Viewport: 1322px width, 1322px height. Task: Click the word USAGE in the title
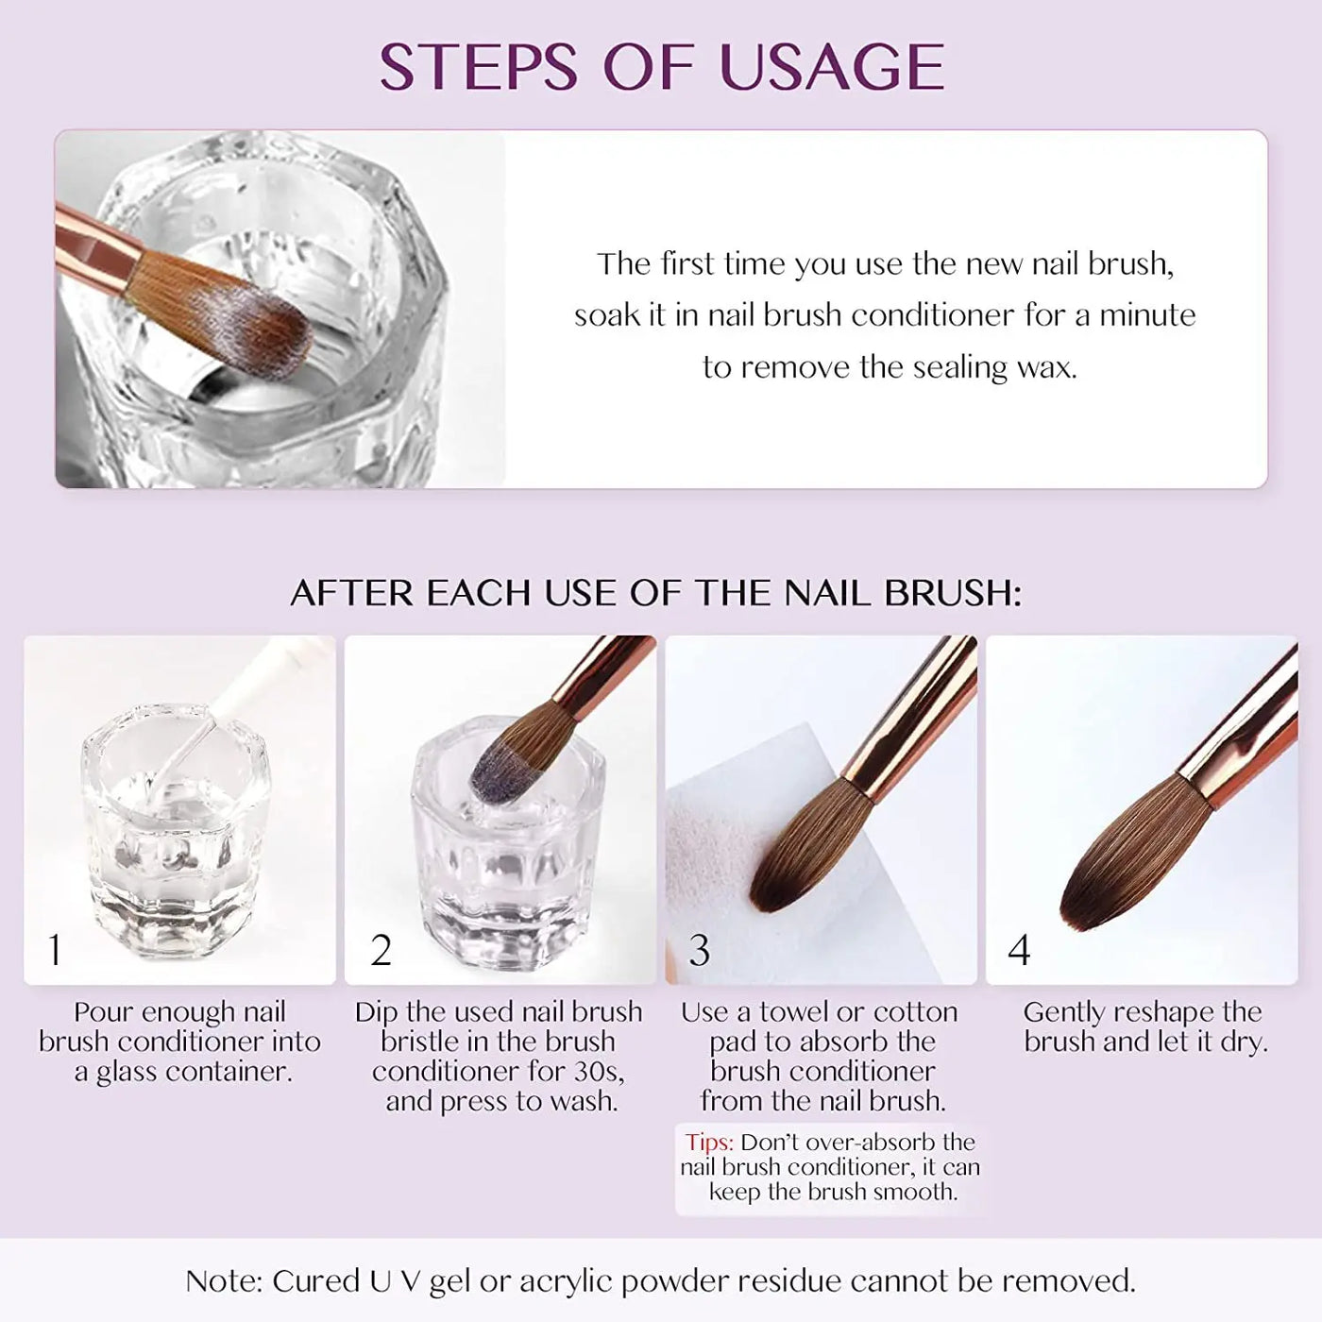coord(832,66)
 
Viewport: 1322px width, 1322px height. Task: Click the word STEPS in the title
coord(478,66)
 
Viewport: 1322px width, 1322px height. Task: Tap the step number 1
coord(55,950)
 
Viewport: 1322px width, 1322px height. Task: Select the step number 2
coord(381,950)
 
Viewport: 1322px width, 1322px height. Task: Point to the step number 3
coord(700,950)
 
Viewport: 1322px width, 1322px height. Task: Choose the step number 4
coord(1019,950)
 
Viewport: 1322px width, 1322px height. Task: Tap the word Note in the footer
coord(224,1281)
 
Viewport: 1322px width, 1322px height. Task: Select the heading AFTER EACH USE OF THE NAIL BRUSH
coord(656,593)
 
